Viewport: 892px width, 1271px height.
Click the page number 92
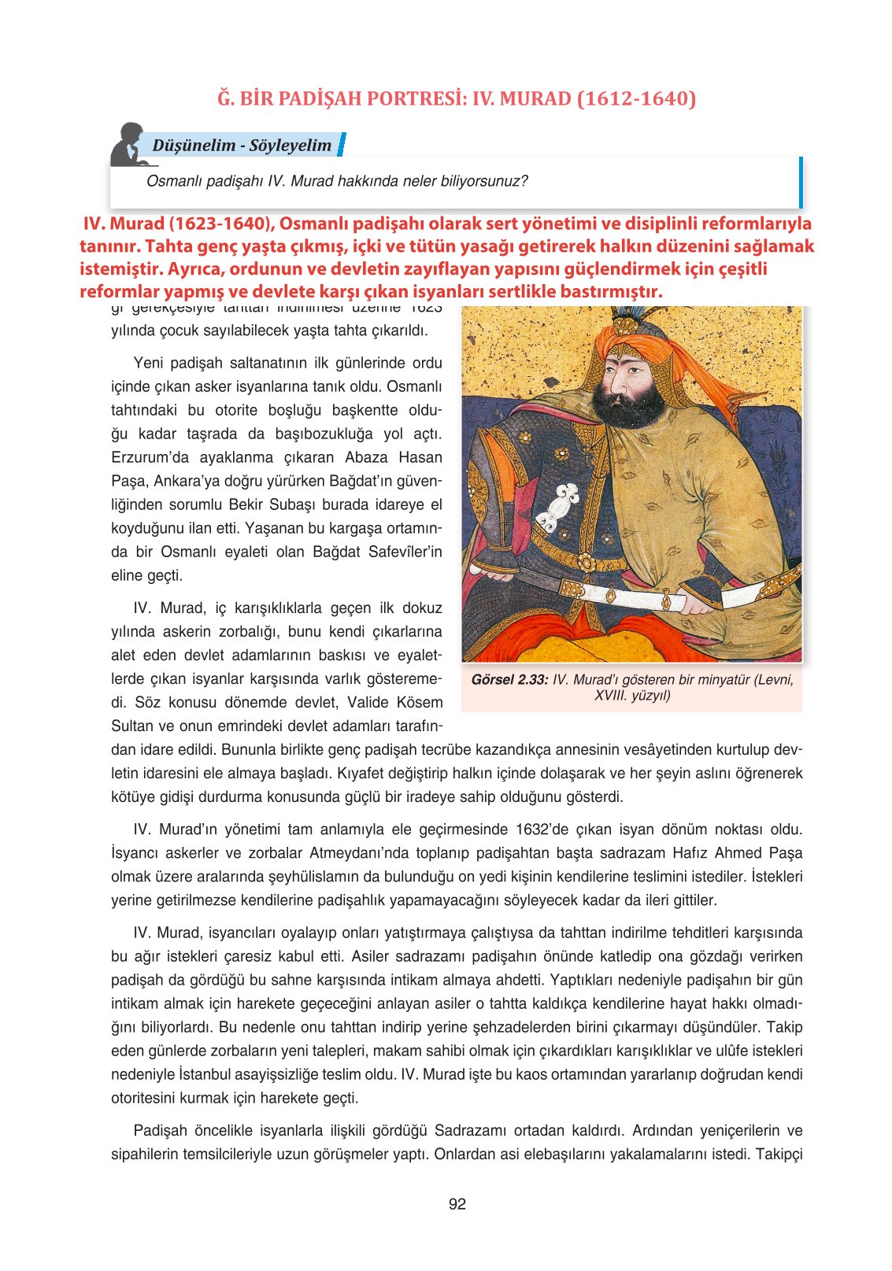(457, 1204)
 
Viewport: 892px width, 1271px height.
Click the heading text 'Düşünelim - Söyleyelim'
(242, 146)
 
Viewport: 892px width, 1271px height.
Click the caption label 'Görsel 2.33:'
(509, 680)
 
